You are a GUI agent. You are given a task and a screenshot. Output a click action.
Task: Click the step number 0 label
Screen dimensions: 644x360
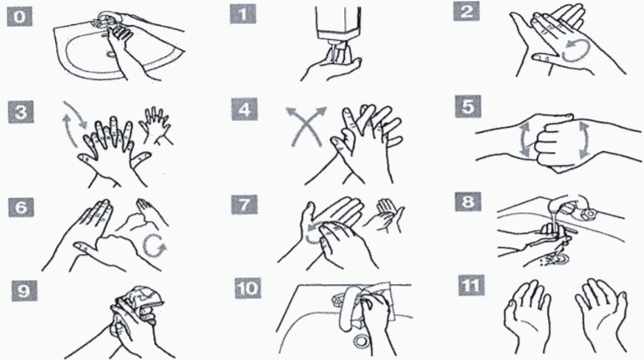tap(20, 18)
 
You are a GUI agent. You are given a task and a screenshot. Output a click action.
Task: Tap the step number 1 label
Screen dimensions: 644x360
tap(243, 14)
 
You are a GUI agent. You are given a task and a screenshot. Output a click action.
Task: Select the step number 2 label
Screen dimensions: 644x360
tap(466, 12)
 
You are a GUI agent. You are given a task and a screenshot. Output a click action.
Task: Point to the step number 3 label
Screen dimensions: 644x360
tap(21, 113)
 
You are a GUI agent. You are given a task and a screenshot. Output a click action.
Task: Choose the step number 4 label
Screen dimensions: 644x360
tap(245, 110)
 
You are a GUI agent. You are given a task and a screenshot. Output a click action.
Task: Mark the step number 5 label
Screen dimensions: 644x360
tap(468, 107)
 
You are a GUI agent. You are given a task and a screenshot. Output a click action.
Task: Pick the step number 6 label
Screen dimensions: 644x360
tap(21, 207)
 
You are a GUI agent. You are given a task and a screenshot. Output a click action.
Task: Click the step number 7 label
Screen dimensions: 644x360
tap(245, 205)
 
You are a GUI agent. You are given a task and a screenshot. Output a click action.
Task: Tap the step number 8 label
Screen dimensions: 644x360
tap(468, 201)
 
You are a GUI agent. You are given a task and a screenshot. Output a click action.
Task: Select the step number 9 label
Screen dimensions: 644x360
tap(24, 291)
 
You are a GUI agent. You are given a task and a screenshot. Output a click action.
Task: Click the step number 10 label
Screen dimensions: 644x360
tap(248, 288)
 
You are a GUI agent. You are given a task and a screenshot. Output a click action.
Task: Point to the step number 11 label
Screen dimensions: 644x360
tap(471, 286)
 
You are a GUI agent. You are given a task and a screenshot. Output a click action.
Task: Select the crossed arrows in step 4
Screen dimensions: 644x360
tap(307, 125)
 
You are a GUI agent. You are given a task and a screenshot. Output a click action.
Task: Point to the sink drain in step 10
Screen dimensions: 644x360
tap(362, 340)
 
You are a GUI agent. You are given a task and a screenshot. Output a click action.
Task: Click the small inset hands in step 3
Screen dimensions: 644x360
tap(155, 125)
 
